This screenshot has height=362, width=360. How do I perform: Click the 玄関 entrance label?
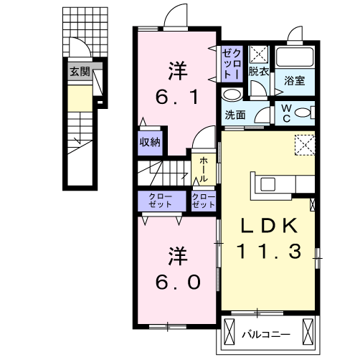[x=80, y=72]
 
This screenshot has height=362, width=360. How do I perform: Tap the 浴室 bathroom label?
[x=294, y=81]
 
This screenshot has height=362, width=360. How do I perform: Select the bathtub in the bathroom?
[x=295, y=57]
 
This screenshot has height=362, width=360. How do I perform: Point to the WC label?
[x=286, y=113]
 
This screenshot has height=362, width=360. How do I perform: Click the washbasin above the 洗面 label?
[x=232, y=95]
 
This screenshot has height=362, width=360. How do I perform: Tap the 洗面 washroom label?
[x=235, y=115]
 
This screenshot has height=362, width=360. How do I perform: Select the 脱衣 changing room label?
[x=258, y=72]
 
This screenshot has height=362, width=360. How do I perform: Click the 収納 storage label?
[x=150, y=143]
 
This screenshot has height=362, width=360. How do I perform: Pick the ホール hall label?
[x=204, y=170]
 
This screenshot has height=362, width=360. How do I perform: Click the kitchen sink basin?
[x=267, y=184]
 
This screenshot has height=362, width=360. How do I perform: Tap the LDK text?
[x=270, y=226]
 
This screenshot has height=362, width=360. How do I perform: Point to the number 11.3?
[x=269, y=252]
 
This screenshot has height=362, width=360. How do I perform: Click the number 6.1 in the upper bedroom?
[x=177, y=97]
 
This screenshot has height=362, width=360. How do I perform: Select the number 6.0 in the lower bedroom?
[x=178, y=282]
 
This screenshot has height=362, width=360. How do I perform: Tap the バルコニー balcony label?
[x=266, y=334]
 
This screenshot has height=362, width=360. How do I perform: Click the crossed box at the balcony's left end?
[x=229, y=332]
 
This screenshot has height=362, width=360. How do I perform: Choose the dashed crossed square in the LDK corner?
[x=305, y=145]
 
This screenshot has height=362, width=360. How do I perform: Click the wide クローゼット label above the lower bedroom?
[x=160, y=201]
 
